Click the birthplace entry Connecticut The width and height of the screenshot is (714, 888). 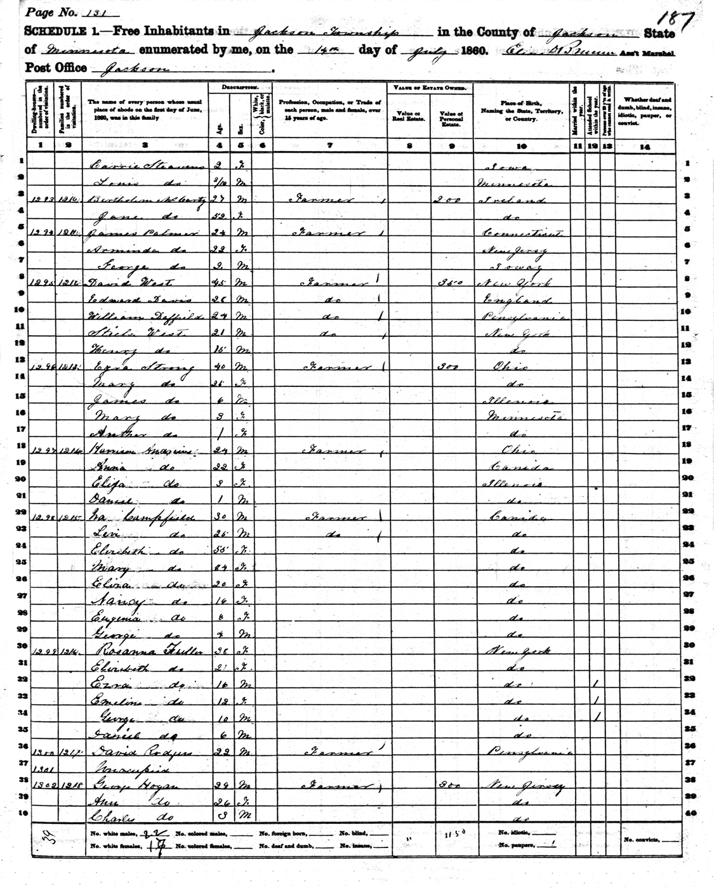[521, 232]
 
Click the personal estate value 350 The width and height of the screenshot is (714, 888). [450, 282]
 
